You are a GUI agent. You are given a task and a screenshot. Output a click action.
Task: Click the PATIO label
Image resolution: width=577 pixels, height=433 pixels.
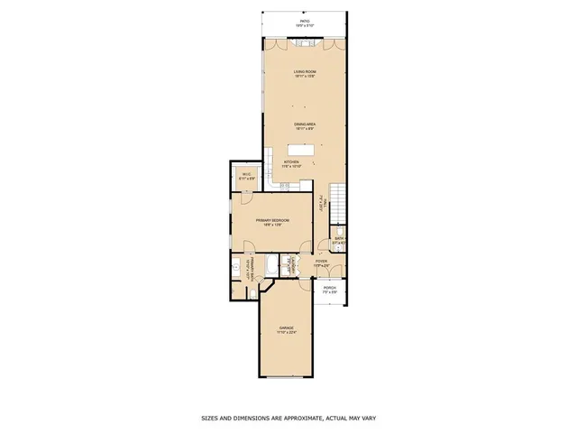tap(305, 21)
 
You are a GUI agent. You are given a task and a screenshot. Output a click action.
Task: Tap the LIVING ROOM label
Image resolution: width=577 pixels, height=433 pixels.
tap(304, 71)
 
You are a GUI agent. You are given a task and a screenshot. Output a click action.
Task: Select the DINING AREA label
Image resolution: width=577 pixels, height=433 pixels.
tap(304, 124)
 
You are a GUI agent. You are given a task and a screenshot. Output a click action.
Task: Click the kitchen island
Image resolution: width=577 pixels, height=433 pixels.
tap(300, 151)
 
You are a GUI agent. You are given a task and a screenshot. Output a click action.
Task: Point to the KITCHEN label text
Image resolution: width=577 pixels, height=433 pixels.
tap(291, 162)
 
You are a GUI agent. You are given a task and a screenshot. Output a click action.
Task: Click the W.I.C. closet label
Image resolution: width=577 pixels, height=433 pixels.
tap(246, 174)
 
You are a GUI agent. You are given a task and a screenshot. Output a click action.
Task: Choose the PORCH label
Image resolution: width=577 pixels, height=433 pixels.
tap(330, 288)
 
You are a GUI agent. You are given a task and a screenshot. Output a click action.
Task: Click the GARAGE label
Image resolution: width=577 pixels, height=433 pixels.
tap(286, 327)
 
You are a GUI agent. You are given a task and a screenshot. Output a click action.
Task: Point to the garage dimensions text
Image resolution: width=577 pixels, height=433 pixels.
tap(286, 332)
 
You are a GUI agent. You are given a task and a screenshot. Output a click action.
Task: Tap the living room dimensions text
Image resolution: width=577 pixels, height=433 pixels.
tap(304, 76)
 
